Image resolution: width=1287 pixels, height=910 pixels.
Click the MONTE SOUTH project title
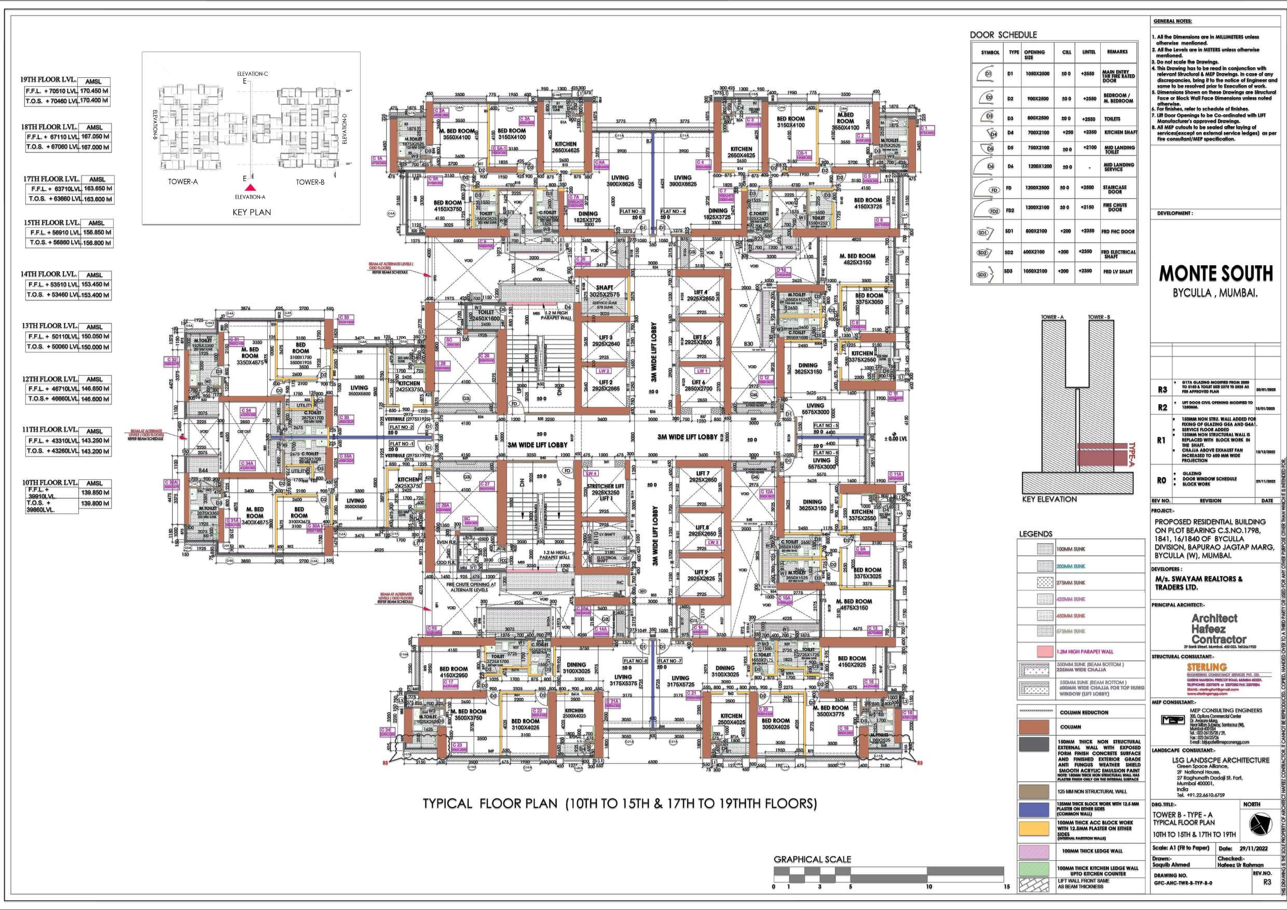click(1216, 274)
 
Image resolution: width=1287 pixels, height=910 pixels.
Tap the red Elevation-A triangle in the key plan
click(252, 188)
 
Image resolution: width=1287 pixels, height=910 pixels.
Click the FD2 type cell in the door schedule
click(1010, 211)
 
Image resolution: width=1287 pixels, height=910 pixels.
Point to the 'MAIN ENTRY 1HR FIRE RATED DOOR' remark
click(1118, 76)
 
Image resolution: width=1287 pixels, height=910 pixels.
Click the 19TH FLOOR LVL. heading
click(48, 79)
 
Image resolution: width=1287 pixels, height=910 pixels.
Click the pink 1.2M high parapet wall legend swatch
click(1035, 652)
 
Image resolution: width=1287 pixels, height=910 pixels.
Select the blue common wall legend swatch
click(1034, 809)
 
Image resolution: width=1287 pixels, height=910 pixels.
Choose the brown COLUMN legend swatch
click(1034, 727)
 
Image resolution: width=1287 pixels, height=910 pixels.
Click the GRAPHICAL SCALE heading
click(812, 859)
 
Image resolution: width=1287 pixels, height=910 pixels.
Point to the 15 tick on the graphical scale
click(1007, 887)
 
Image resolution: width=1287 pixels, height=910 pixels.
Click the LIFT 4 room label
click(701, 293)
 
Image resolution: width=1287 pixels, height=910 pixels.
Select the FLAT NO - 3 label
click(632, 211)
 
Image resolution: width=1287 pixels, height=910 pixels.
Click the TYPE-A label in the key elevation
click(1131, 454)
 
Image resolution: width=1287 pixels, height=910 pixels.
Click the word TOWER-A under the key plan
click(183, 182)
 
